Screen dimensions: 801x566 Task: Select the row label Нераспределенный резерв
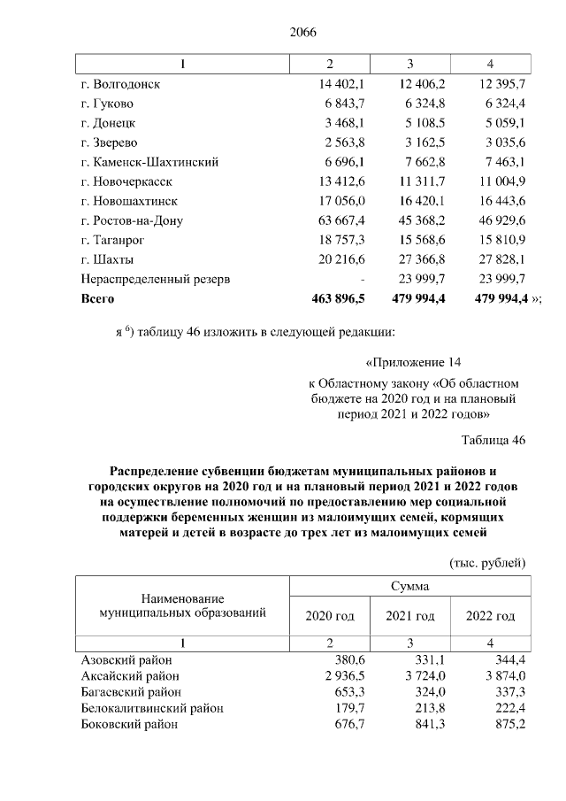(156, 279)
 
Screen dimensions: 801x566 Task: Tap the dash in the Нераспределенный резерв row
(363, 279)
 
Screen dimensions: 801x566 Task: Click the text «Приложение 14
(414, 362)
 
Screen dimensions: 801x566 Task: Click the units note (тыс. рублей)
(487, 562)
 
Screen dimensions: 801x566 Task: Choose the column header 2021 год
(410, 616)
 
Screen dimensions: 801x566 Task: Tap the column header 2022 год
(490, 616)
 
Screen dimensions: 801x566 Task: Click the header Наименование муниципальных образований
(182, 606)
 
